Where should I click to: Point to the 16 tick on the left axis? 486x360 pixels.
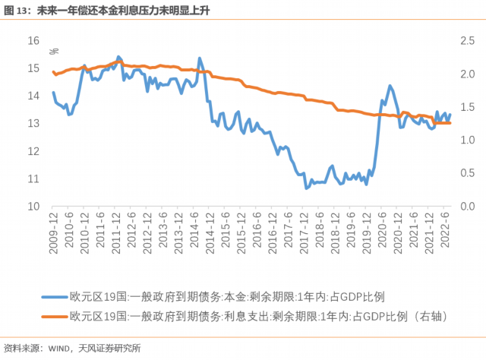[x=34, y=39]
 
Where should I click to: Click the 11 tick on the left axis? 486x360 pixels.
[x=34, y=178]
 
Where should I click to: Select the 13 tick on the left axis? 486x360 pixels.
[x=34, y=123]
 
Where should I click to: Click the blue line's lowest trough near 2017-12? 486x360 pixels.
[x=307, y=188]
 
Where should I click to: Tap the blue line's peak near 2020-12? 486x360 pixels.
[x=390, y=86]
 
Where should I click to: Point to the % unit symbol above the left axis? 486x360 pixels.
[x=54, y=52]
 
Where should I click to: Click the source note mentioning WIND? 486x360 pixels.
[x=72, y=349]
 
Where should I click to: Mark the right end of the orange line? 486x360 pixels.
[x=450, y=122]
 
